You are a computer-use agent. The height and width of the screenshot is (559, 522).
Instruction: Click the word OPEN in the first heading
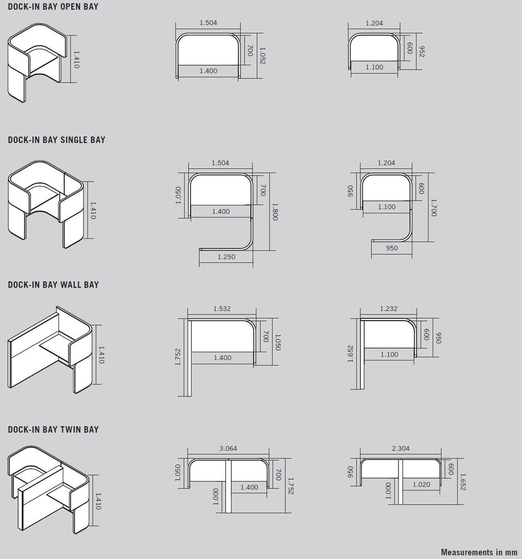point(71,7)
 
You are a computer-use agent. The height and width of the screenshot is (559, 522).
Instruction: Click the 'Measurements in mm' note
point(479,552)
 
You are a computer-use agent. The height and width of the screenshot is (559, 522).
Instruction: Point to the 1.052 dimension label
point(262,56)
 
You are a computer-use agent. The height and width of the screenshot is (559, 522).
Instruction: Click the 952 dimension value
point(422,52)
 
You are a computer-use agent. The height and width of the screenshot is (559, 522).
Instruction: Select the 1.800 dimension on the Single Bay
point(275,211)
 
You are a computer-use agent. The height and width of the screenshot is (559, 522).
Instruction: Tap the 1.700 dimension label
point(434,208)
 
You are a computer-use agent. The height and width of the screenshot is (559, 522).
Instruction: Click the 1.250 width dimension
point(226,257)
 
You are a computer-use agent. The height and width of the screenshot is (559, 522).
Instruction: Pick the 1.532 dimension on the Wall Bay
point(222,309)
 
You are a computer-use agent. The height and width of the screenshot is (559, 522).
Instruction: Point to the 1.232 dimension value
point(389,309)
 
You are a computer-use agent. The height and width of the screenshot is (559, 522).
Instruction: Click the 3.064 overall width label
point(228,448)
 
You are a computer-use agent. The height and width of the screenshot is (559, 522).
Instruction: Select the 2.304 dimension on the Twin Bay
point(401,448)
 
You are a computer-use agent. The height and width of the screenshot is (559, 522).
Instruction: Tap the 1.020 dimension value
point(421,484)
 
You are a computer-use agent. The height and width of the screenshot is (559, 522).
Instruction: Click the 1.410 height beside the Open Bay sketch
point(76,59)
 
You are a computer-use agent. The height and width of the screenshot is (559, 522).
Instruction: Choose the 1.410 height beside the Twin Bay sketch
point(98,501)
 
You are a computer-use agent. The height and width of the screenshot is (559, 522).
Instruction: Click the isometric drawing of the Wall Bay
point(50,349)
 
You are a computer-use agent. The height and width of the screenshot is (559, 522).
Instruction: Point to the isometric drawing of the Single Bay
point(46,205)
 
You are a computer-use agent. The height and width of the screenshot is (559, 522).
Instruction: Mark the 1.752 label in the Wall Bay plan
point(178,357)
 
